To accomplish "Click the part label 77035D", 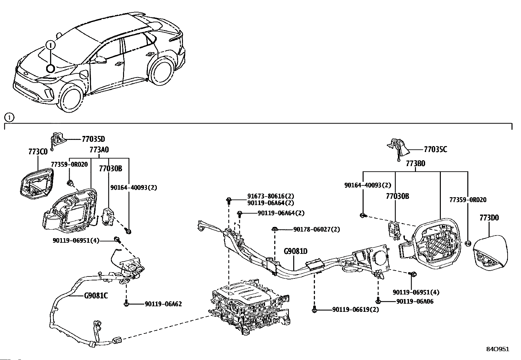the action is tap(93, 139).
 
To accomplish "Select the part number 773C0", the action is tap(38, 152).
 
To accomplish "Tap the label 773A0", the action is tap(99, 150).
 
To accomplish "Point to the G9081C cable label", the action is tap(96, 296).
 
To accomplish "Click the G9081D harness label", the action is tap(296, 252).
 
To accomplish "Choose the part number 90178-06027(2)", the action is tap(316, 230).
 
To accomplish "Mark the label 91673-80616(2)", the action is tap(271, 197).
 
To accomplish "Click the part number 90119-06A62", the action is tap(163, 304).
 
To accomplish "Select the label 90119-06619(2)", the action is tap(356, 310).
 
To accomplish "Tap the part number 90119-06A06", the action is tap(415, 302).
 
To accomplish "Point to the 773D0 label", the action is tap(489, 218).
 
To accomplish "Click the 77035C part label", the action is tap(435, 149).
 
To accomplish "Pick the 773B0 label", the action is tap(416, 164).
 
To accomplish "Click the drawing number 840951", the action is tap(498, 349).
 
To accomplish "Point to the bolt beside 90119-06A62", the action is tap(126, 304).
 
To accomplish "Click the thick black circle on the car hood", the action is tap(50, 68).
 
